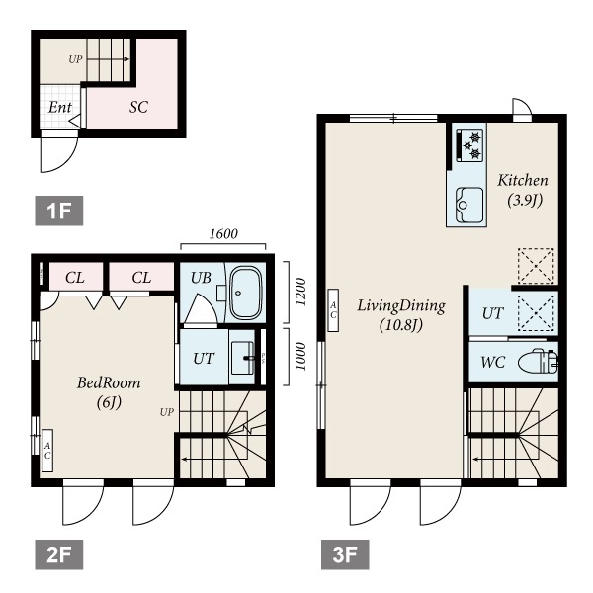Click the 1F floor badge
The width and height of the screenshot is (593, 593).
click(x=59, y=211)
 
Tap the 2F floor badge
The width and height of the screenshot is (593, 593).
click(x=59, y=554)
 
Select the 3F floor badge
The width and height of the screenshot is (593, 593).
click(x=345, y=554)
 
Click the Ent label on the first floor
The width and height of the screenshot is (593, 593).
click(x=59, y=108)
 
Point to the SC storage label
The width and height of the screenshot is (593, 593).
click(x=138, y=107)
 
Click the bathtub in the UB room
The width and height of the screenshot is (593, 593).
click(x=246, y=294)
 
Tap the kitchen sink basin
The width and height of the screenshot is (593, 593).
click(x=469, y=206)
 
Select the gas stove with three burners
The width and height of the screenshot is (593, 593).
click(x=469, y=145)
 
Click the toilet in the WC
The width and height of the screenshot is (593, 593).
click(x=538, y=363)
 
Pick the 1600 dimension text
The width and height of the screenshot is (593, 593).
click(x=223, y=234)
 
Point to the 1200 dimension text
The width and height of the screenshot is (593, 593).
click(x=299, y=292)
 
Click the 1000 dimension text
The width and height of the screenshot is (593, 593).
click(x=299, y=357)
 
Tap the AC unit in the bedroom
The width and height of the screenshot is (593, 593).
click(x=47, y=451)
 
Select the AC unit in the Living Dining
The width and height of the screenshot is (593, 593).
click(x=333, y=310)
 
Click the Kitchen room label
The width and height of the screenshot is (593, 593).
click(x=523, y=181)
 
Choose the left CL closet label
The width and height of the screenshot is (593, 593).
click(x=75, y=278)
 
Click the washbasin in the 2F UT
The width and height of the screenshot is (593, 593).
click(x=242, y=358)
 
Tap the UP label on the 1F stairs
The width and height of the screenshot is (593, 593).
click(x=75, y=59)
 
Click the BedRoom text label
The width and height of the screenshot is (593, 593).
click(x=109, y=383)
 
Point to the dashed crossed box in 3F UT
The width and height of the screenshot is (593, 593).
click(x=537, y=312)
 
